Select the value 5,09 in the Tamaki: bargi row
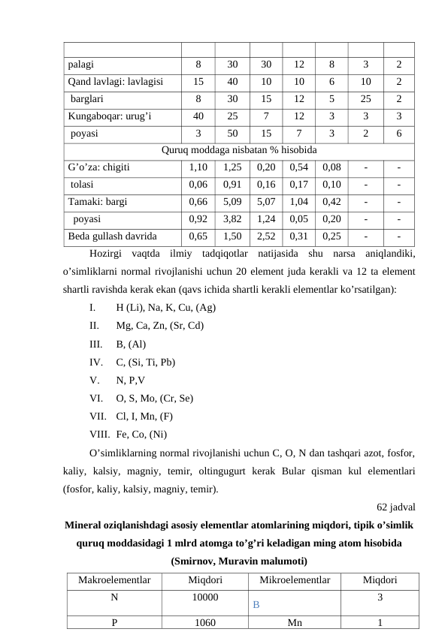(x=232, y=202)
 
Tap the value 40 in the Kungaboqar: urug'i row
(x=198, y=116)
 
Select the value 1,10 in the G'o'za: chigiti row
(x=198, y=167)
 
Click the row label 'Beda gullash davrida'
(x=113, y=236)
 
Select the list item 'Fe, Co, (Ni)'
(x=141, y=433)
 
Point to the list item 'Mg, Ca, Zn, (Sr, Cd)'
(x=159, y=325)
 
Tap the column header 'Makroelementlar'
(x=114, y=580)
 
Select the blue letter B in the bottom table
(x=256, y=603)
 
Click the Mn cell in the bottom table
(x=295, y=622)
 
